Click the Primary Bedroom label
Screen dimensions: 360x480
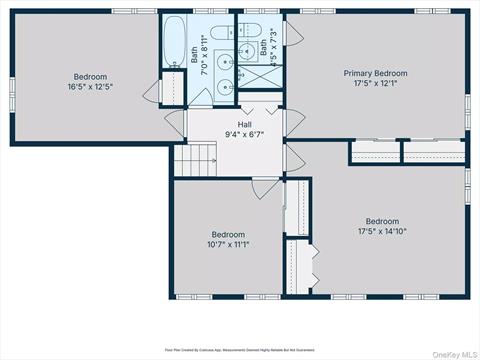click(376, 74)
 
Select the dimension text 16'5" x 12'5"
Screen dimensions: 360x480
click(90, 87)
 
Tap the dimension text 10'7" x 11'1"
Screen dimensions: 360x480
click(228, 244)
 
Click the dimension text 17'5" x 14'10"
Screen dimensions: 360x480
click(382, 232)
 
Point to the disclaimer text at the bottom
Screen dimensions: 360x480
click(240, 350)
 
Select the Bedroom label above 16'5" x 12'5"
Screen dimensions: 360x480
click(90, 77)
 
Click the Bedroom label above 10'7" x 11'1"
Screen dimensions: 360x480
click(228, 234)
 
